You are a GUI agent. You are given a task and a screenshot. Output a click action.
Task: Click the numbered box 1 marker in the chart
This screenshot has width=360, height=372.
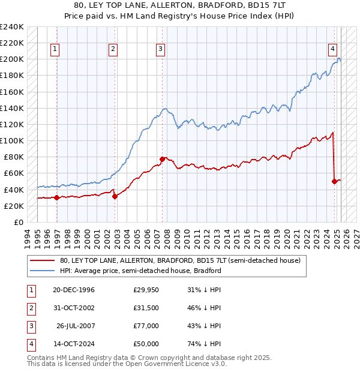point(55,50)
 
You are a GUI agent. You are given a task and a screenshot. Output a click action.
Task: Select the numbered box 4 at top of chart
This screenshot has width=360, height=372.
point(332,50)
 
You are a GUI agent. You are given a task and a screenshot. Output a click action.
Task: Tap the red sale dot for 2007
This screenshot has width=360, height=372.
point(162,159)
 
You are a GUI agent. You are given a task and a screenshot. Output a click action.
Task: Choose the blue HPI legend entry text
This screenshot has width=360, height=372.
point(140,271)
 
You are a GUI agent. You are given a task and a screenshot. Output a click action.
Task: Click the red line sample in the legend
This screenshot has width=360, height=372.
point(42,260)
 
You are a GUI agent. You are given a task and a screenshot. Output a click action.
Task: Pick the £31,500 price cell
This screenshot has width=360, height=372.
point(146,308)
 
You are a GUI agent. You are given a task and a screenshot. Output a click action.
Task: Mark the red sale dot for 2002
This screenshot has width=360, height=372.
point(115,196)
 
